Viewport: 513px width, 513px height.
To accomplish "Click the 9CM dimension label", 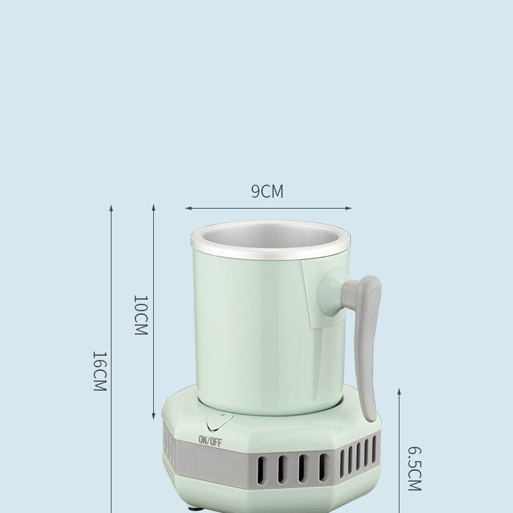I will (x=267, y=192).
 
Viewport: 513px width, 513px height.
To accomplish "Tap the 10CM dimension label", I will (x=140, y=315).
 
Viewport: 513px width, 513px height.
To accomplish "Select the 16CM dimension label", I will (x=100, y=371).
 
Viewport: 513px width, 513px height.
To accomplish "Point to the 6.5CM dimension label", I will (x=415, y=469).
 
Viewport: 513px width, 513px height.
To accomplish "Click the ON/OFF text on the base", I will (x=210, y=441).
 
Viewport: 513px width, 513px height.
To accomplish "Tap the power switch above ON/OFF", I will (x=219, y=422).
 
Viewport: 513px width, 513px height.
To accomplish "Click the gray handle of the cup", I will (x=367, y=342).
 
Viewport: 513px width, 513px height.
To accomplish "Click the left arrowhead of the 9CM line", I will (x=187, y=209).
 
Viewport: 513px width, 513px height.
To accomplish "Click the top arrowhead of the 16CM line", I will (x=111, y=207).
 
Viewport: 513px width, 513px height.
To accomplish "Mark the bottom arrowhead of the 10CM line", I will (x=153, y=417).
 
